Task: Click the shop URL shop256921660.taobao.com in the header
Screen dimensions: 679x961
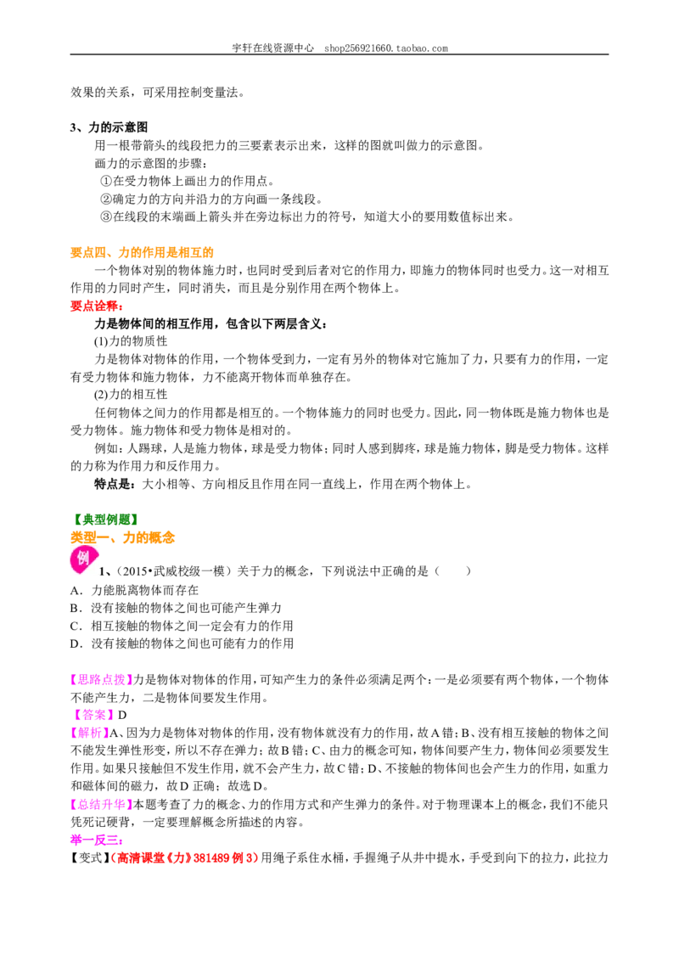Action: click(x=386, y=48)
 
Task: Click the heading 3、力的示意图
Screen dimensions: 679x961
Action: click(x=109, y=127)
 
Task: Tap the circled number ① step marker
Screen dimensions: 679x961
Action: click(x=105, y=182)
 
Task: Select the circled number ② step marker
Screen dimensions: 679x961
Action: click(x=105, y=200)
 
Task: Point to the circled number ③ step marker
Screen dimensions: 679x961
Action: click(x=105, y=217)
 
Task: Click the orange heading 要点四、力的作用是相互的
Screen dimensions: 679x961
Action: click(x=142, y=252)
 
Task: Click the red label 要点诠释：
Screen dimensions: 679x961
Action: click(x=97, y=306)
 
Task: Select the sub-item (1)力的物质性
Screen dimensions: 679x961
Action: click(x=131, y=341)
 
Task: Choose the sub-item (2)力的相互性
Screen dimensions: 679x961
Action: click(x=131, y=395)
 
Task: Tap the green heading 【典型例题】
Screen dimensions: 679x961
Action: click(x=105, y=520)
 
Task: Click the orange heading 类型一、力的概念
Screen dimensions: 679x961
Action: click(x=122, y=537)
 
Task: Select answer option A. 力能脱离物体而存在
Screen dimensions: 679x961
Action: click(x=134, y=590)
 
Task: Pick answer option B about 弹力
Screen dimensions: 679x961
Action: click(x=176, y=608)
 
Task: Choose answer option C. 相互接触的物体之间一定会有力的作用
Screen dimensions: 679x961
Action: click(x=182, y=626)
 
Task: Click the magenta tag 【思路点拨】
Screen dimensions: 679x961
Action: click(x=101, y=680)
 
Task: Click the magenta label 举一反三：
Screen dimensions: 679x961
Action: click(x=97, y=840)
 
